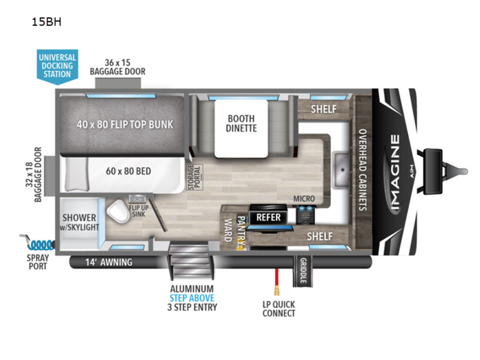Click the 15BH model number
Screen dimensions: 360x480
(46, 22)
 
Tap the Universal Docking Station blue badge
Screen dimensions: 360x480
(57, 66)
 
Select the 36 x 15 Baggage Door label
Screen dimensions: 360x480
(118, 67)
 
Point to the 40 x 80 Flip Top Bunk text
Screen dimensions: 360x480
(125, 124)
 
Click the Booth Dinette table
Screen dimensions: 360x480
(241, 128)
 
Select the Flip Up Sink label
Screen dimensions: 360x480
(137, 210)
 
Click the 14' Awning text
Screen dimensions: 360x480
(108, 262)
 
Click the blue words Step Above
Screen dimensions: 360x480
(192, 298)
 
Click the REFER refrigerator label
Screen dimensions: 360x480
(268, 218)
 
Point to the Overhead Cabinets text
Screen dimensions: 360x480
(363, 170)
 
